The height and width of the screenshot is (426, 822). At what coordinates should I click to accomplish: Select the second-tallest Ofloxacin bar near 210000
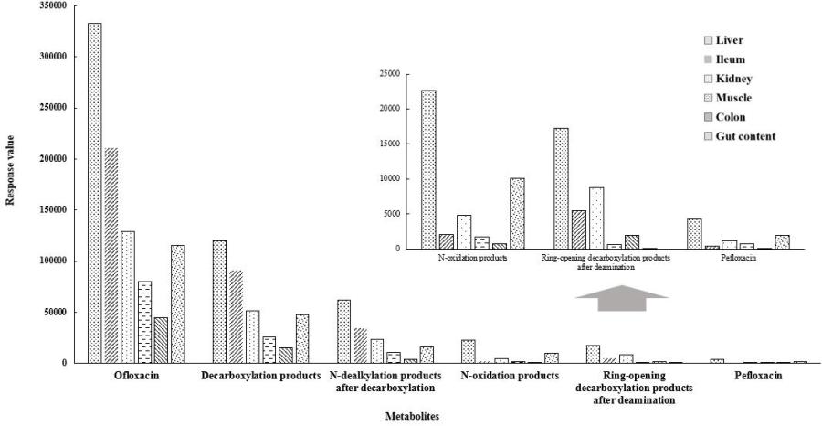pos(111,255)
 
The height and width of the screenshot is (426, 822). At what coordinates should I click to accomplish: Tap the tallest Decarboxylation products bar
pos(219,301)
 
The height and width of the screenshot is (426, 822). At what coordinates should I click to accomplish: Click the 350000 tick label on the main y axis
pos(52,5)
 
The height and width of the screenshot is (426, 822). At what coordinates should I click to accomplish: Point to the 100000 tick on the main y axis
pos(52,261)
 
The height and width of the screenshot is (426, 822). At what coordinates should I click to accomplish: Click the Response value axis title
pos(11,183)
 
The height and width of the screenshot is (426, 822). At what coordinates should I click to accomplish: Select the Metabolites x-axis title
pos(410,416)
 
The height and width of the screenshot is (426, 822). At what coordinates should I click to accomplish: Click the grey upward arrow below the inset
pos(621,299)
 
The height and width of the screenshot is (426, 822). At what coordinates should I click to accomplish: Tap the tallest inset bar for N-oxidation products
pos(428,169)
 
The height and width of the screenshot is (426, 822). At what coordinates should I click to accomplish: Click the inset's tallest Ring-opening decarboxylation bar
pos(562,188)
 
